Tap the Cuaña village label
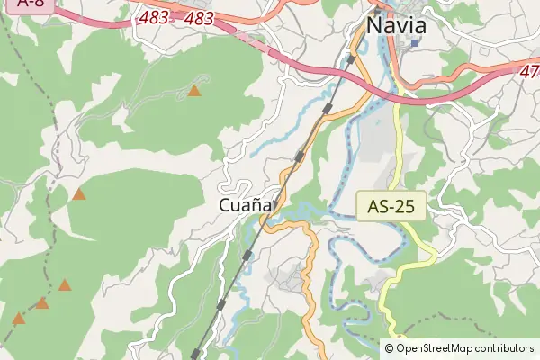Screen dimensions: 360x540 tap(245, 206)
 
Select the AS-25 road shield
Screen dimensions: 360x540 tap(391, 206)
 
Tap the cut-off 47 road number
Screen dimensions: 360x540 tap(530, 69)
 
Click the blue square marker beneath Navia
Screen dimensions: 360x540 tap(415, 42)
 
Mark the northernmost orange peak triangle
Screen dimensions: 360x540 tap(194, 90)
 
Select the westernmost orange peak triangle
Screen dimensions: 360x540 tap(19, 318)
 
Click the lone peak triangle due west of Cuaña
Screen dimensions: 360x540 tap(79, 193)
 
